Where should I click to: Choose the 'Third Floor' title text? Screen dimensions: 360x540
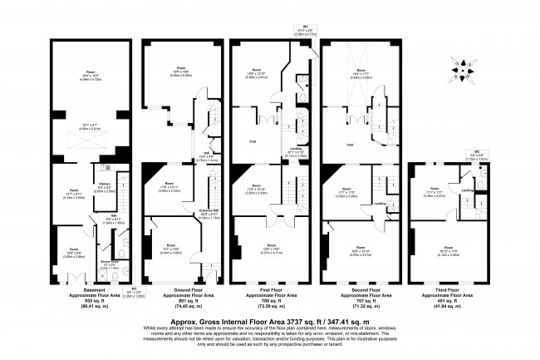coord(449,289)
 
